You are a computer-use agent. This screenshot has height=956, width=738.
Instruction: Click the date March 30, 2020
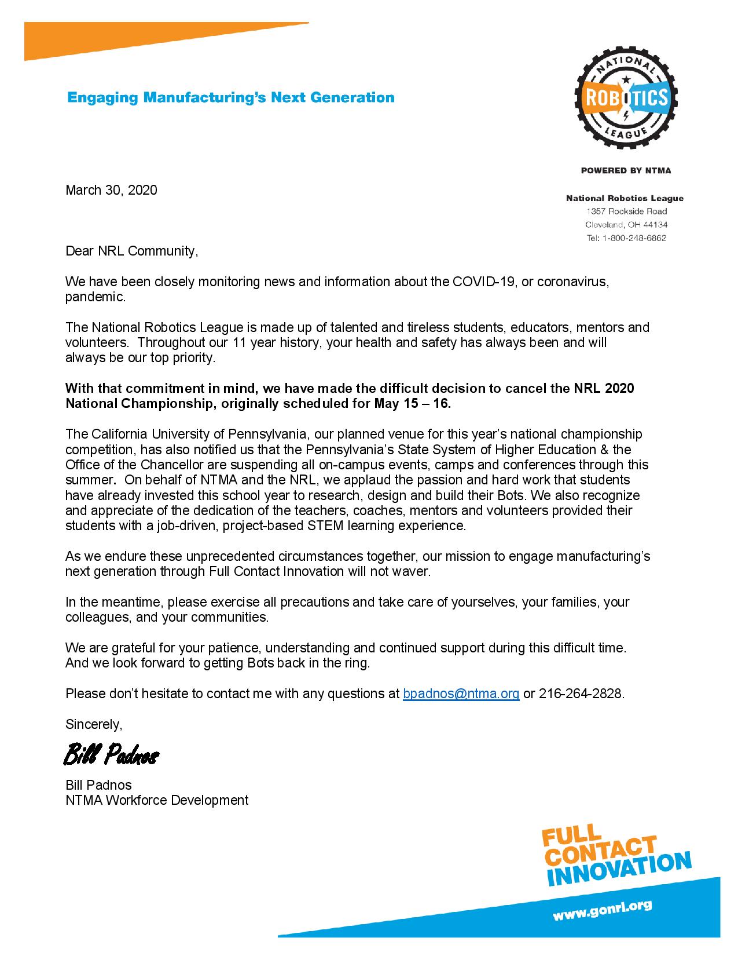[x=111, y=190]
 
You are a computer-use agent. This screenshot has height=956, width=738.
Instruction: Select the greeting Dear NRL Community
[x=131, y=251]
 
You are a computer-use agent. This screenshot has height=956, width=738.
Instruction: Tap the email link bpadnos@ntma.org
[x=461, y=694]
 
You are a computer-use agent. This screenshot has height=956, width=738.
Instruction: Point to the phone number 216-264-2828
[x=581, y=694]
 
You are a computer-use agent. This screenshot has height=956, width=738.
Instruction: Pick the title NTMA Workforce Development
[x=157, y=800]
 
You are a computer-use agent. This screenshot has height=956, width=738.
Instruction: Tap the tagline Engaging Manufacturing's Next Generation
[x=231, y=97]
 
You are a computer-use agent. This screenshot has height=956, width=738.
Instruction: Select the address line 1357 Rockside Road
[x=626, y=211]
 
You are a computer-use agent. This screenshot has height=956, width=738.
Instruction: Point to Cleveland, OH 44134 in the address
[x=626, y=225]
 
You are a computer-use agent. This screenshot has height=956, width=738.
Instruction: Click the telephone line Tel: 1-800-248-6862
[x=626, y=238]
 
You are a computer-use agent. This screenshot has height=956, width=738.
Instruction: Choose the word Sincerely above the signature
[x=94, y=724]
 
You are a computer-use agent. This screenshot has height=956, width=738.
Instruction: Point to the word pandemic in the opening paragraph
[x=95, y=297]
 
